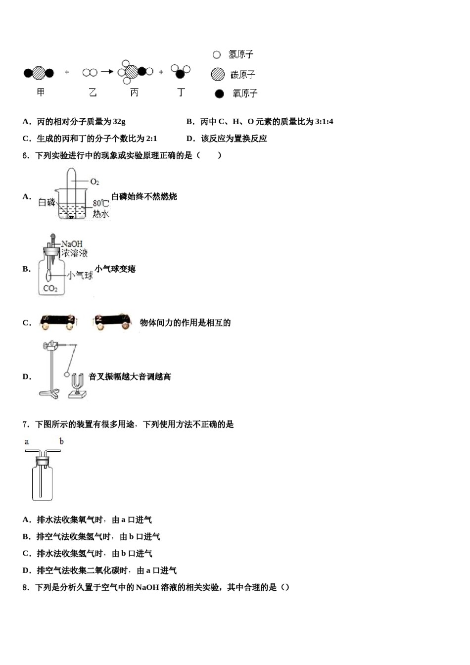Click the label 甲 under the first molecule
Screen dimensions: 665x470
tap(41, 93)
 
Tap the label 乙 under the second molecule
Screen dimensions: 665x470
tap(93, 93)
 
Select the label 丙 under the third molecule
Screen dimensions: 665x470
tap(134, 93)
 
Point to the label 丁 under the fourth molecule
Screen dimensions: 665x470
tap(181, 93)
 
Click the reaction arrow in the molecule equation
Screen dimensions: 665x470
tap(107, 72)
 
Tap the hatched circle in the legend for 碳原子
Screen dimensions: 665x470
tap(218, 74)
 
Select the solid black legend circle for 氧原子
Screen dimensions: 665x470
tap(219, 94)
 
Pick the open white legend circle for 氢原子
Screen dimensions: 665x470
tap(217, 55)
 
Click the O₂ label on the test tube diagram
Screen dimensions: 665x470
tap(94, 182)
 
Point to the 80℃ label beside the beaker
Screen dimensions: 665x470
tap(100, 203)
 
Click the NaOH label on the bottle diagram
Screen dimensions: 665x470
tap(72, 244)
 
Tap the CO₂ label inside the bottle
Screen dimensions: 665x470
tap(50, 288)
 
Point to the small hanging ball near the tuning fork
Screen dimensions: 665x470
tap(67, 375)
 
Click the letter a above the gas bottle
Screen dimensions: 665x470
tap(27, 441)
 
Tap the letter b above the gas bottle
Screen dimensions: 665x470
tap(61, 441)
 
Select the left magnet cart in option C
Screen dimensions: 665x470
tap(58, 321)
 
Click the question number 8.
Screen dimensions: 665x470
tap(26, 587)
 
